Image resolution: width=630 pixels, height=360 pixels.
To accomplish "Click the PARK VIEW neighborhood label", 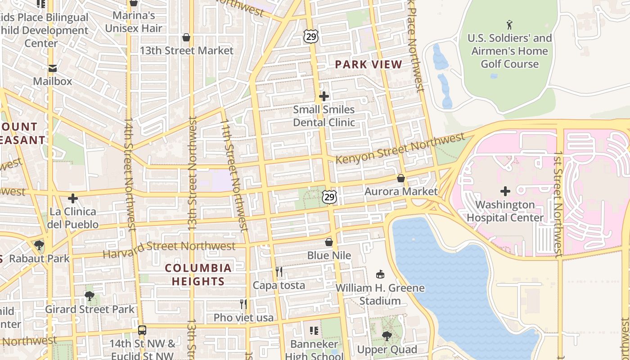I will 369,64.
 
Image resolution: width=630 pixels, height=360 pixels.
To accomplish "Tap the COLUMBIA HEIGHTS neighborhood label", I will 198,274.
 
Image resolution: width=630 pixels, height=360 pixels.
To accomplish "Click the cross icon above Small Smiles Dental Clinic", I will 324,96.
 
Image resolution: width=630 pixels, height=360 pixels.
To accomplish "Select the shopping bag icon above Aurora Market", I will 401,179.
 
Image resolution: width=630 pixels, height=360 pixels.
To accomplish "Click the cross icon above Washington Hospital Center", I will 505,191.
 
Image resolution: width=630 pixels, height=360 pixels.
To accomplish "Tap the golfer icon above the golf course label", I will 509,24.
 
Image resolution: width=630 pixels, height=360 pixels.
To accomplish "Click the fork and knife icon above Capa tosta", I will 279,271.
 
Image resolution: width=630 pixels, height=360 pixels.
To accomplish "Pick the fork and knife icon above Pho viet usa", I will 243,304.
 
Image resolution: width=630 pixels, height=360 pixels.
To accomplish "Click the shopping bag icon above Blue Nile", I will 329,242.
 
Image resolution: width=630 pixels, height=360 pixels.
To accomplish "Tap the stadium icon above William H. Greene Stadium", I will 380,274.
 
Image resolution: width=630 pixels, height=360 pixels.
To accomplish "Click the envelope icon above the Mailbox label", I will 53,68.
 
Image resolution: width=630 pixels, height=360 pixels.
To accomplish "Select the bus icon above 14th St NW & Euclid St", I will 142,330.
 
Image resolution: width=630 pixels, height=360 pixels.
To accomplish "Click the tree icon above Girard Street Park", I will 90,296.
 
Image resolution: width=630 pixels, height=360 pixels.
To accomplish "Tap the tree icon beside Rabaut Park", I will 39,245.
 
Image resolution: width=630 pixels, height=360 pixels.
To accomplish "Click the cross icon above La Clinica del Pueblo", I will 73,198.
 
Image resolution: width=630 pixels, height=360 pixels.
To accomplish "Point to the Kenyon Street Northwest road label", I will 400,149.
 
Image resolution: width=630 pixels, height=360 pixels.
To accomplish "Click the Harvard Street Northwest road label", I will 169,248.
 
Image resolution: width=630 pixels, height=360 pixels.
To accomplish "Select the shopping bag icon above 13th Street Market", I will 186,37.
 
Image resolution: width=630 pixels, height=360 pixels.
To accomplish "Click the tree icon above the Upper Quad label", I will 387,336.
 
